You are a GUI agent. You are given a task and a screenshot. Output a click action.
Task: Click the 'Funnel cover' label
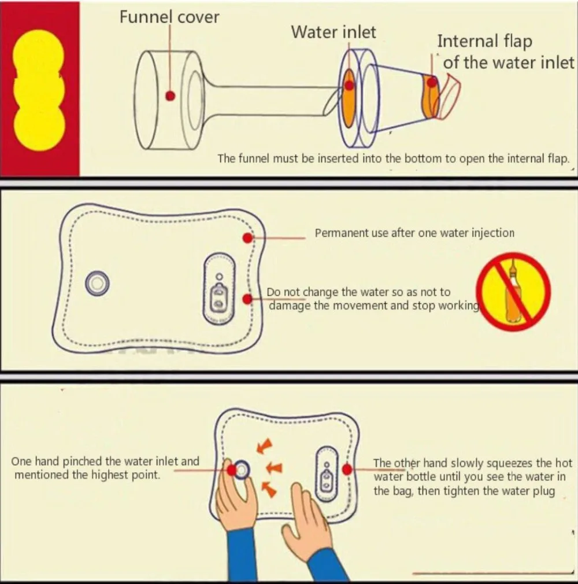tap(169, 17)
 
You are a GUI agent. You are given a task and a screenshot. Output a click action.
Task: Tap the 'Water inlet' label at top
tap(334, 32)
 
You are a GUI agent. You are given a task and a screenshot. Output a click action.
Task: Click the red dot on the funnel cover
tap(170, 96)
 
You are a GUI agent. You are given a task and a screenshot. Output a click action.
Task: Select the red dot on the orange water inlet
tap(349, 85)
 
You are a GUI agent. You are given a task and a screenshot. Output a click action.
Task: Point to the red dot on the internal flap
tap(432, 82)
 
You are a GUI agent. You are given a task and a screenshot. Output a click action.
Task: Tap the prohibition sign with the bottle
tap(514, 291)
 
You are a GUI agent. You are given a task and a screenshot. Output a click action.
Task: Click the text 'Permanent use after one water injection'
tap(414, 233)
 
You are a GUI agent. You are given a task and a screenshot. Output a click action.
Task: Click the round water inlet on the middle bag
tap(98, 284)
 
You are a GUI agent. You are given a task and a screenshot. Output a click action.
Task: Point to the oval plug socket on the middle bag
tap(220, 288)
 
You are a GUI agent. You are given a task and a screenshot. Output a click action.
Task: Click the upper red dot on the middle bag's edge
tap(248, 238)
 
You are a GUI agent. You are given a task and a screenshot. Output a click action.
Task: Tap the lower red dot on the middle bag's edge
tap(248, 299)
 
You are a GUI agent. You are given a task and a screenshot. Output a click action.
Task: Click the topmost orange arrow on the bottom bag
tap(265, 446)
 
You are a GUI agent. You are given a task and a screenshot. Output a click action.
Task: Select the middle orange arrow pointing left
tap(275, 468)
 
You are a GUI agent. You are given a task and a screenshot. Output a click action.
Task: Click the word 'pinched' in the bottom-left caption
tap(82, 462)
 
